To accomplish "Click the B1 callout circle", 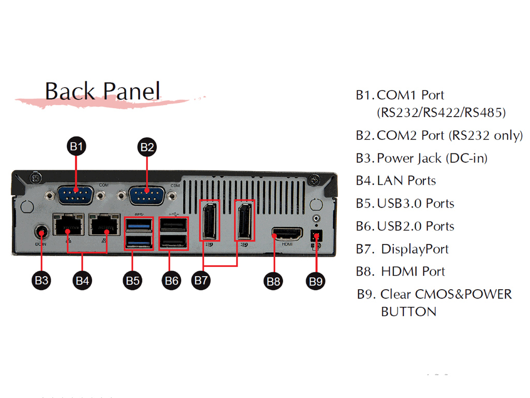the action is [x=77, y=146].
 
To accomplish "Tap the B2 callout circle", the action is [x=147, y=147].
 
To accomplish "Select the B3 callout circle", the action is [x=41, y=280].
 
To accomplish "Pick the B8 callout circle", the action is [x=273, y=281].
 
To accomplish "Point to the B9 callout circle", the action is [x=316, y=281].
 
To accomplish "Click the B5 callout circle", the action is [x=132, y=280].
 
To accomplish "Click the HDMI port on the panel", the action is [x=287, y=234].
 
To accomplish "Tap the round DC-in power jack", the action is [x=41, y=233].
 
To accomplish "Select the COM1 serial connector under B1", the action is [x=76, y=195].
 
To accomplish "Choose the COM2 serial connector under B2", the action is [x=146, y=195].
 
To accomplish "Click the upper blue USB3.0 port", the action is [x=139, y=225].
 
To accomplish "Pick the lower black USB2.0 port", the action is [x=173, y=241].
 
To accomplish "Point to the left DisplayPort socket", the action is [x=210, y=220].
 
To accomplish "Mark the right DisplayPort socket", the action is [x=244, y=220].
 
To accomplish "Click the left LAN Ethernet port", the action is [x=69, y=225].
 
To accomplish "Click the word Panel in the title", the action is [x=131, y=91].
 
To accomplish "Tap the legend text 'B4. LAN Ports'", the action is [x=396, y=181].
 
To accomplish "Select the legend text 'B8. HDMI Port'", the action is [x=401, y=272].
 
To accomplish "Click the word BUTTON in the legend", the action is [x=409, y=311].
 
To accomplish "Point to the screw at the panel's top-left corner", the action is [x=36, y=178].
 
